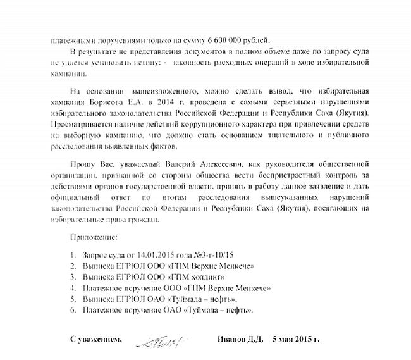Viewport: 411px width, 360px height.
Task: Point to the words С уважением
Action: [95, 340]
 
